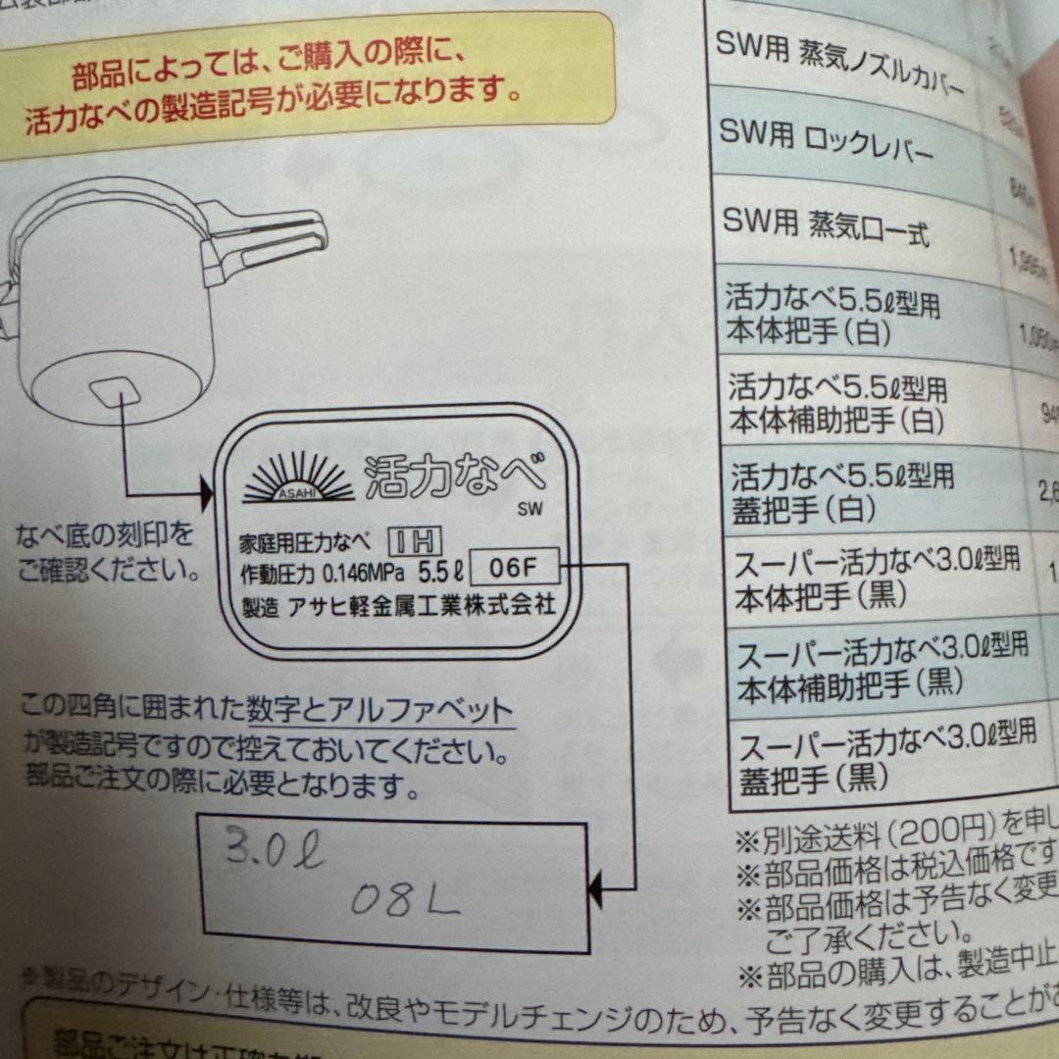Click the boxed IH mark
coord(417,540)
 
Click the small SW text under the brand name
coord(533,509)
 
